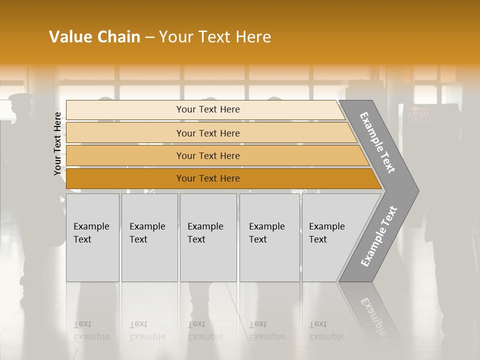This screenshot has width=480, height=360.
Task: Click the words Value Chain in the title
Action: (94, 37)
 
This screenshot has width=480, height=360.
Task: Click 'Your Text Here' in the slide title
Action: (215, 37)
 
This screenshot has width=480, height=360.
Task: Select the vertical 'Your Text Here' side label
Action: (58, 143)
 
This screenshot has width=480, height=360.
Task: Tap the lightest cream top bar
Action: (207, 109)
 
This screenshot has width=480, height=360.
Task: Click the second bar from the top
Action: (207, 133)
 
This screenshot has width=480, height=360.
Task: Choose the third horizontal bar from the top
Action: (207, 155)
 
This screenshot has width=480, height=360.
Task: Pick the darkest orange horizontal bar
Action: (207, 178)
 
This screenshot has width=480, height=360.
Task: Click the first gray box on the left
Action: (92, 237)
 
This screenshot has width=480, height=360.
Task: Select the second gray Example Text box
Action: (149, 237)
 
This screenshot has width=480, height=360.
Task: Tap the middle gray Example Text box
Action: (207, 237)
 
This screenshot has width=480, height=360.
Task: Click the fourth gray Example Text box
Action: (269, 237)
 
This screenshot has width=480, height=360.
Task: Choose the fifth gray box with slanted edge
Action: (330, 237)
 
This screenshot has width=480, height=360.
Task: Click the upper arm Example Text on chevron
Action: (377, 142)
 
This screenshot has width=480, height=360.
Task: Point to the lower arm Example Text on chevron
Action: (378, 236)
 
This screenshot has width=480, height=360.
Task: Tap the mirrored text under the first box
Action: (91, 330)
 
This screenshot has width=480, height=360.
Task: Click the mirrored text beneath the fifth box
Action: (326, 330)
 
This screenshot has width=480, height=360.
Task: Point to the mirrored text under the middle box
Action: (205, 330)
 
